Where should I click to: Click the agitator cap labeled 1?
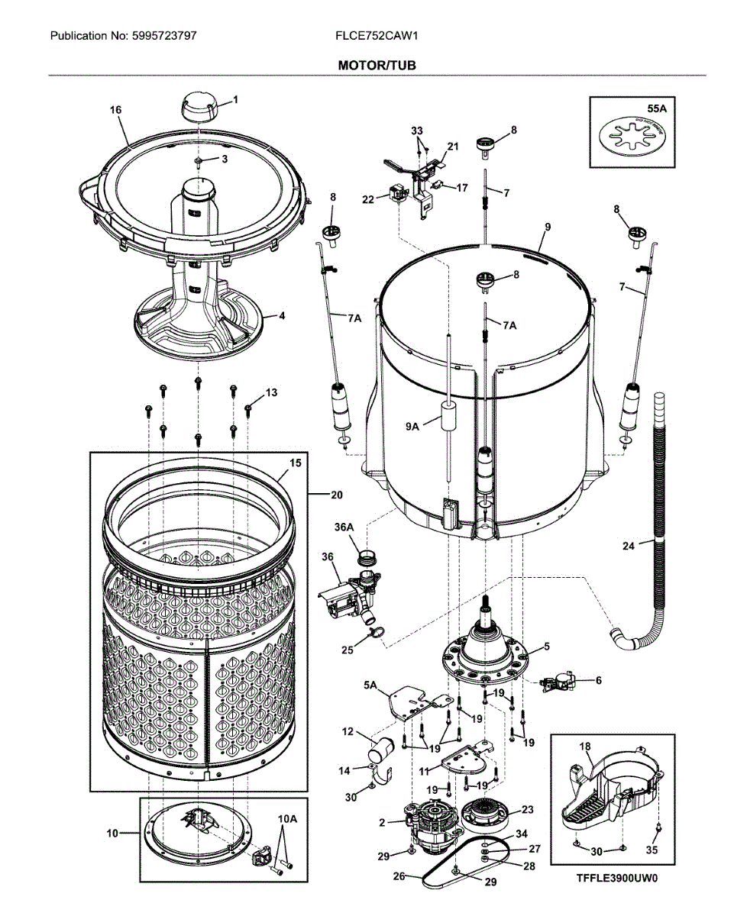(200, 106)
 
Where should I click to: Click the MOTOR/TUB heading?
(377, 66)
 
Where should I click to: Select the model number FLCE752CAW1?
(377, 36)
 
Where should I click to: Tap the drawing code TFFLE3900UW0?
(616, 878)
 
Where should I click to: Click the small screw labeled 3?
(199, 161)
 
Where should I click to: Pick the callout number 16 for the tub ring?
(116, 110)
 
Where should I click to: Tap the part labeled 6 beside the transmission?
(559, 682)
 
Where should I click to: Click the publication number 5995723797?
(166, 36)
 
